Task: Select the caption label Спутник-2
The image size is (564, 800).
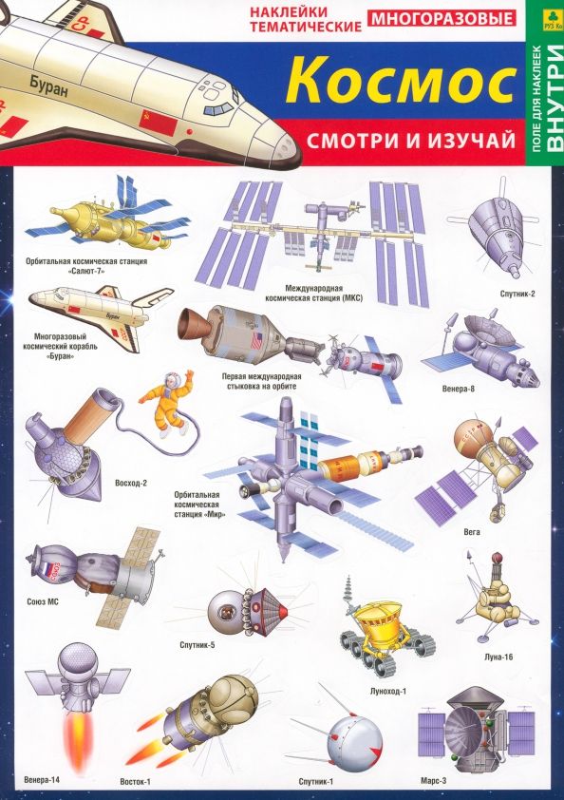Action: (x=517, y=294)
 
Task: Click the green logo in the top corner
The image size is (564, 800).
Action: (x=549, y=15)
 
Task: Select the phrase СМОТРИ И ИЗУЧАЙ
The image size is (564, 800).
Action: (x=409, y=141)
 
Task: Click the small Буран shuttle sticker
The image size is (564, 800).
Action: (x=90, y=314)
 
